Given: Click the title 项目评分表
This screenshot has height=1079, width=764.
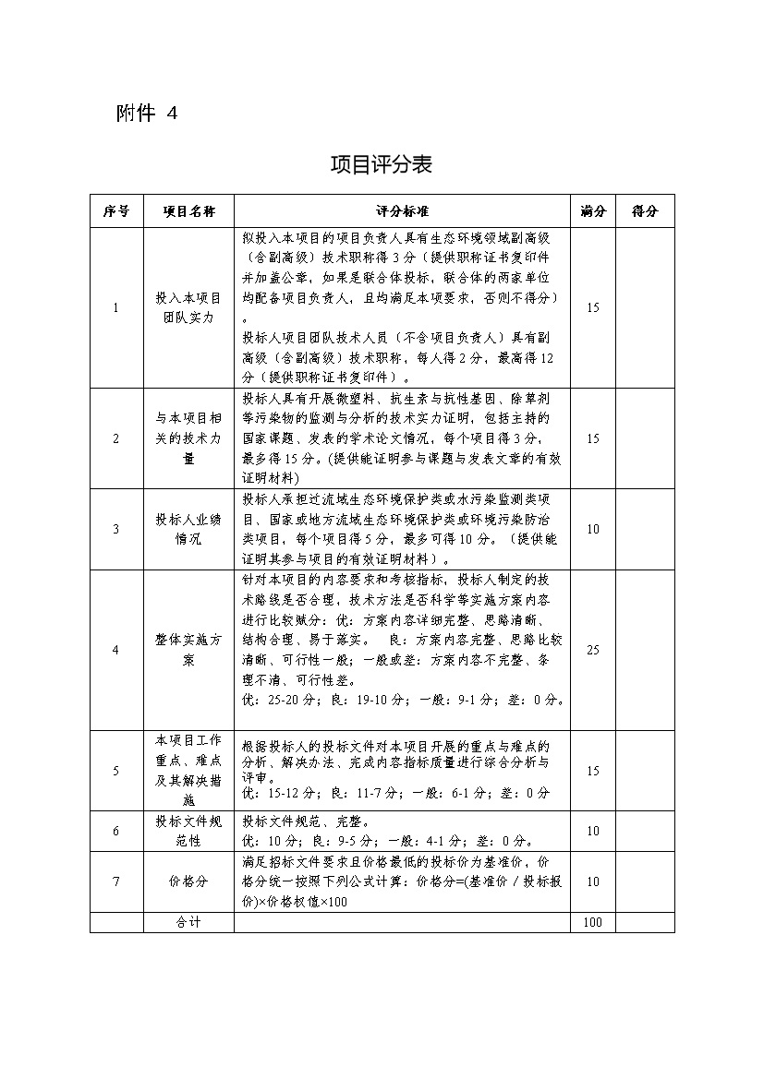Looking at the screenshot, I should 382,165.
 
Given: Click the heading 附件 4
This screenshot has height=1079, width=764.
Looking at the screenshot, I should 146,113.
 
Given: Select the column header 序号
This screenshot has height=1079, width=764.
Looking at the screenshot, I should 115,211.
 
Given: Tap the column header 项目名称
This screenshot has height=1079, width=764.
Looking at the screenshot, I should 188,211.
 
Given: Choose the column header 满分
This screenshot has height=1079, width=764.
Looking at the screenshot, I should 592,211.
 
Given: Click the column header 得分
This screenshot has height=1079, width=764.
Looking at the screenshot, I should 645,211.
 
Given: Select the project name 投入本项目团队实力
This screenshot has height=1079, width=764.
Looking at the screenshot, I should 188,308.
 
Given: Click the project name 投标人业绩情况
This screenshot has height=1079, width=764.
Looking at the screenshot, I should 188,529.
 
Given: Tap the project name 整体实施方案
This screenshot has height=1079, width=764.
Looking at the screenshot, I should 188,650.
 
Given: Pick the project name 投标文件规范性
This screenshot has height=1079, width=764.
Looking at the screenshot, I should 188,831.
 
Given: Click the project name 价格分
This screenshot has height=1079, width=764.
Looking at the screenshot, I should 188,881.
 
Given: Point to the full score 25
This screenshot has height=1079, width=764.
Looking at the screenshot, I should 592,650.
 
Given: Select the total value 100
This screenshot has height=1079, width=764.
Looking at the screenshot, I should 592,922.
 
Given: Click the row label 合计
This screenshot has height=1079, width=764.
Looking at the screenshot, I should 188,922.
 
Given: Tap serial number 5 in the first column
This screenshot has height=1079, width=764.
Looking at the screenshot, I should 115,771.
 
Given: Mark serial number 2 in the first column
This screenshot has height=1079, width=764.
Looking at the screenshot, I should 115,438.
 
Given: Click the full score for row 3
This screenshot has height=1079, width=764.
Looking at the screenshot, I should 592,529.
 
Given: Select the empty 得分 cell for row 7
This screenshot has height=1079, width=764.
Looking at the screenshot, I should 645,881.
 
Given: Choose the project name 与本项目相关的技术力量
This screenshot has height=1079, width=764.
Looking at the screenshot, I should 188,438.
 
